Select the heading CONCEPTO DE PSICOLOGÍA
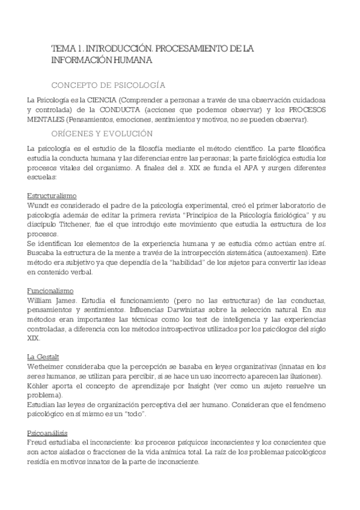point(109,85)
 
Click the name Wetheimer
point(47,367)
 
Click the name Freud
point(38,443)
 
